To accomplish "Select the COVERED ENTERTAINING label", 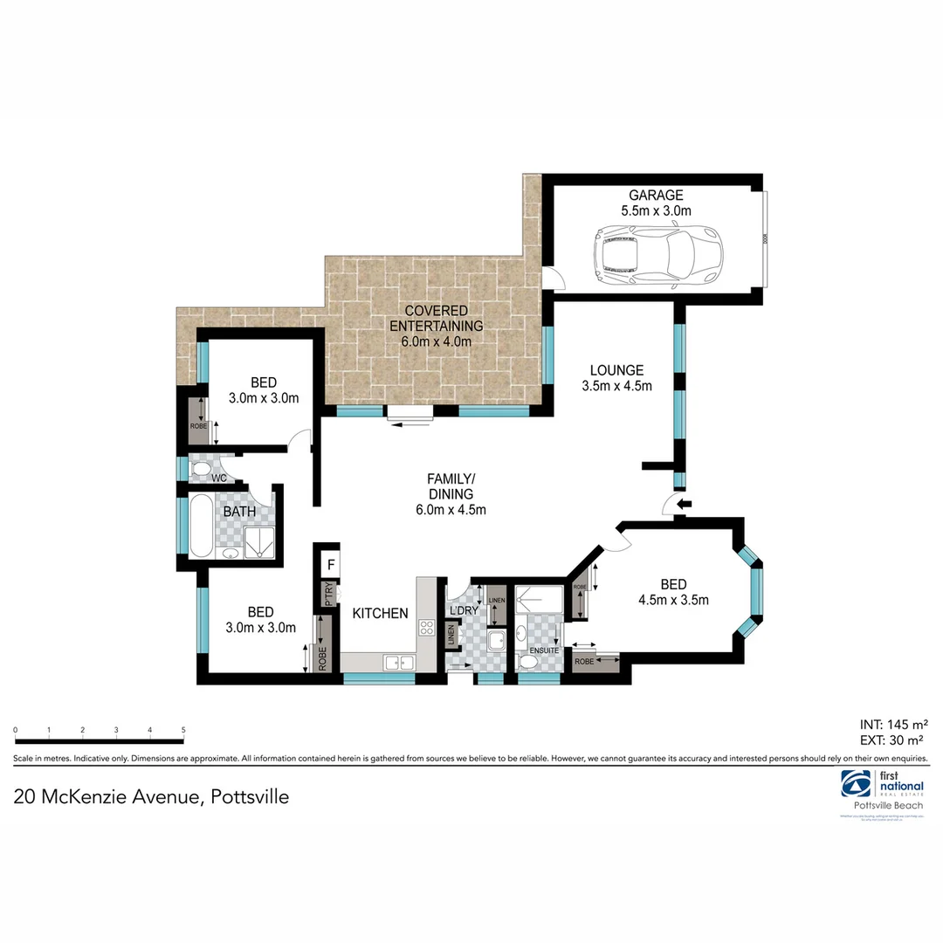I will [437, 318].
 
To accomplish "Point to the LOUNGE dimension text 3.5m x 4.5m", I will [617, 385].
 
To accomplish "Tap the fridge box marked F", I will [331, 564].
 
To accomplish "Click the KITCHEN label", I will [380, 614].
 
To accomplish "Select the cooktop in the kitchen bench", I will [427, 626].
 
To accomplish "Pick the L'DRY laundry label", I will [462, 609].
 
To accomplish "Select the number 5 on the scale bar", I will [183, 730].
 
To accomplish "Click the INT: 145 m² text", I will [893, 724].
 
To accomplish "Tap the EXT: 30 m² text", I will [893, 740].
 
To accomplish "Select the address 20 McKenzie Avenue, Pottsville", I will [150, 797].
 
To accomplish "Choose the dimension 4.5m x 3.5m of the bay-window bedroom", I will [673, 600].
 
